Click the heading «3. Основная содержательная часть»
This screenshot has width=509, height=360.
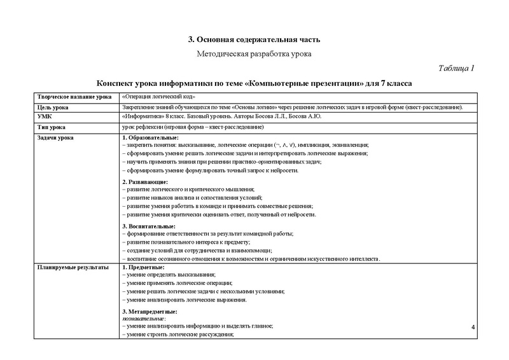(x=254, y=40)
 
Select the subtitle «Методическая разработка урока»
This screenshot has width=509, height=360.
(x=254, y=54)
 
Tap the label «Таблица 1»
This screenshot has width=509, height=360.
(x=457, y=69)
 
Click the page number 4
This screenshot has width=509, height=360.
(x=473, y=327)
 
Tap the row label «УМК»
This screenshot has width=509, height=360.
(x=45, y=117)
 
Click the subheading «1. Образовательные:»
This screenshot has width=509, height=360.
(x=150, y=138)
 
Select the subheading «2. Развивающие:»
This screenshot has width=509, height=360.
(x=144, y=182)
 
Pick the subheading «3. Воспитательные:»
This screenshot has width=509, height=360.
(x=148, y=226)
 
